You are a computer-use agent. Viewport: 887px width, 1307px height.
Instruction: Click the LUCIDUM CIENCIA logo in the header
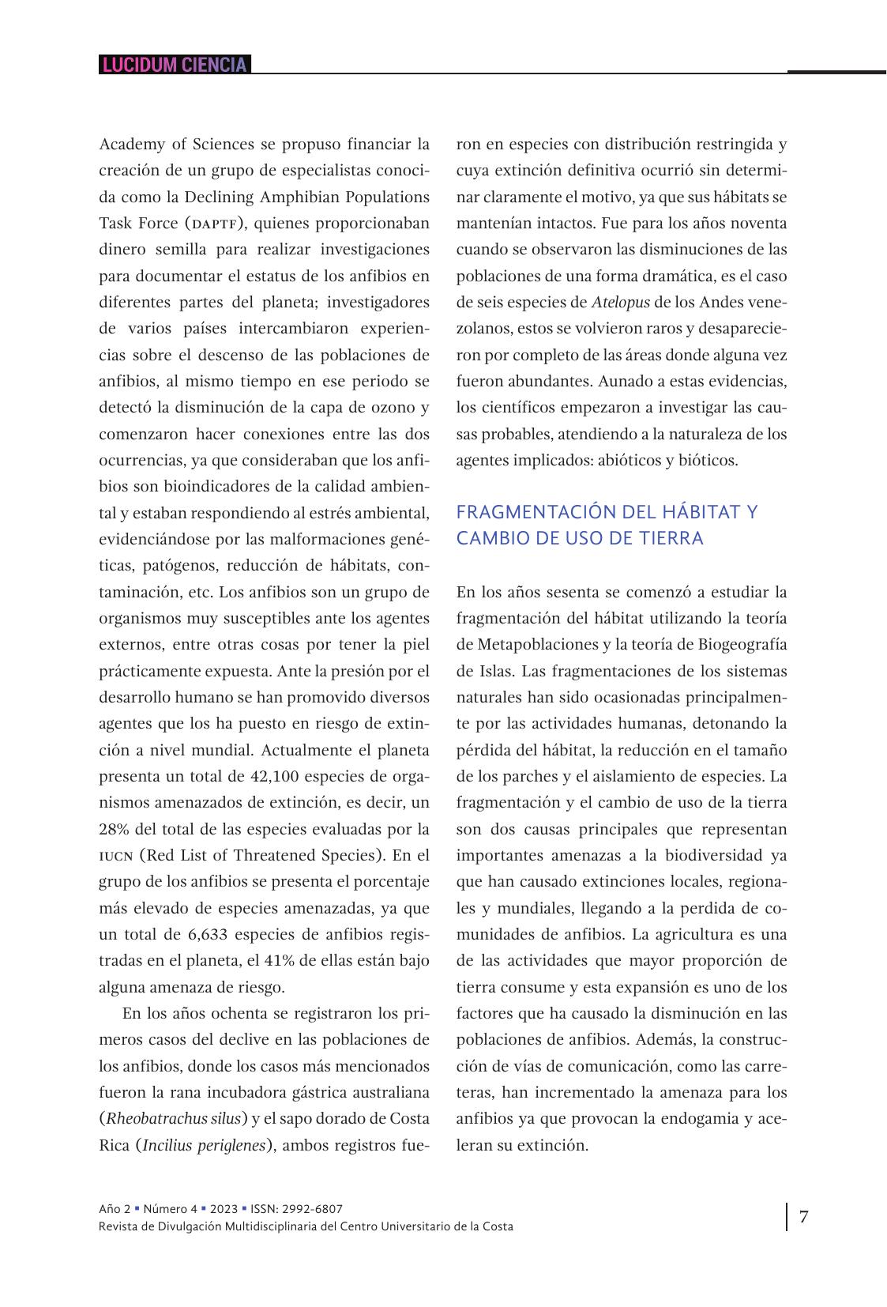click(x=175, y=65)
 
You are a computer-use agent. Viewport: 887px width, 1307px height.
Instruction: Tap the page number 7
click(x=804, y=1216)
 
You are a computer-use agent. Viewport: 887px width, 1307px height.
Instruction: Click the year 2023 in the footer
click(x=224, y=1209)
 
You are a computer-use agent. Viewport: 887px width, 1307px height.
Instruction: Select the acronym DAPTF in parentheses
click(x=214, y=224)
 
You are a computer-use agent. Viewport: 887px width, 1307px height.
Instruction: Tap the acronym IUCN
click(x=115, y=856)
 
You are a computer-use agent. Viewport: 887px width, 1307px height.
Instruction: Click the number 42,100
click(x=275, y=776)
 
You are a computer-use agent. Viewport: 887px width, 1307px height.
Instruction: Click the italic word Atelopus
click(x=621, y=303)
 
